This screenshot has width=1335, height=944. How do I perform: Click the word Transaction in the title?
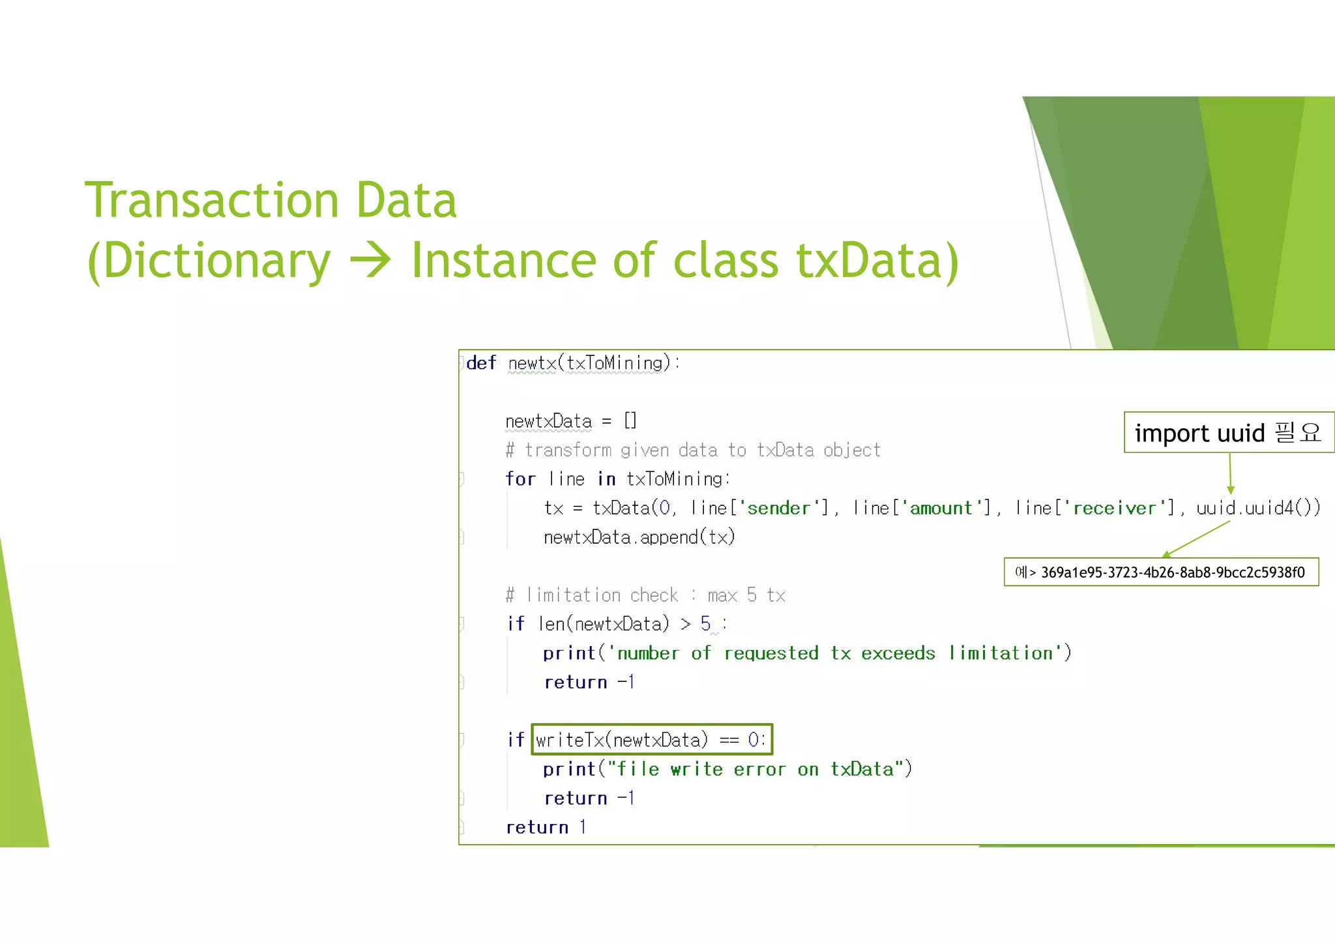tap(211, 200)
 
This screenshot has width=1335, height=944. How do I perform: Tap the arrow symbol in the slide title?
tap(370, 261)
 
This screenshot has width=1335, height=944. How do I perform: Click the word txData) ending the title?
tap(877, 261)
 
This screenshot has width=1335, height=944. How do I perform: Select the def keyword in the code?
tap(481, 363)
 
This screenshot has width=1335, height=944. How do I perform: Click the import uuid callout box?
tap(1227, 432)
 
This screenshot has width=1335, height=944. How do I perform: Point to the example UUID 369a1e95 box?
tap(1161, 572)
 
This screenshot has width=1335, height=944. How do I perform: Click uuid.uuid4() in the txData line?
tap(1257, 508)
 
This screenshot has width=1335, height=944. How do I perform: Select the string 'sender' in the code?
tap(778, 508)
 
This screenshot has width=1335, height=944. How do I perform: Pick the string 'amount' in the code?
tap(941, 508)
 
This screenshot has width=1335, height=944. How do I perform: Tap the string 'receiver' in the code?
tap(1114, 508)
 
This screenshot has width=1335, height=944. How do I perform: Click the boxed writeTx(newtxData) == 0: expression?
tap(651, 739)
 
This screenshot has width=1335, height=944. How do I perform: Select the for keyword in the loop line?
tap(520, 479)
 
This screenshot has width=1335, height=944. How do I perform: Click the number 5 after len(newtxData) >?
tap(705, 624)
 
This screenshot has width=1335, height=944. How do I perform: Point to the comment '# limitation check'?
tap(645, 595)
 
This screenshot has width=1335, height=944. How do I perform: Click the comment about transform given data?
tap(693, 450)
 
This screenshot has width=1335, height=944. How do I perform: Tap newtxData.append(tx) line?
tap(639, 537)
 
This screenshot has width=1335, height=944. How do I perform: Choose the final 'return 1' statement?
tap(546, 827)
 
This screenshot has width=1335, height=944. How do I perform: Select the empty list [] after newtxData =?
tap(630, 420)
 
